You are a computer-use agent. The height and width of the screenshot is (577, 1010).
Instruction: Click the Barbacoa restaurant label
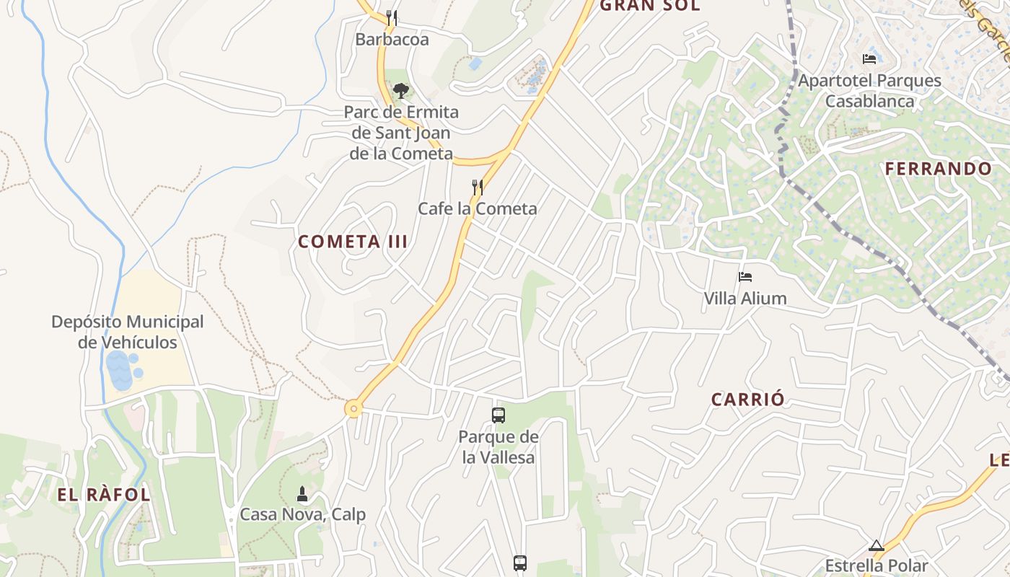coord(392,40)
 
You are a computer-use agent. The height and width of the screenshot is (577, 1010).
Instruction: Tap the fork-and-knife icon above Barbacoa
coord(392,17)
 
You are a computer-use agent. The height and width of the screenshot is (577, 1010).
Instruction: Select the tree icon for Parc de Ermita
coord(400,91)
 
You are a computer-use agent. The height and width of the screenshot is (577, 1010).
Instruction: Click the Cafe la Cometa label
coord(478,208)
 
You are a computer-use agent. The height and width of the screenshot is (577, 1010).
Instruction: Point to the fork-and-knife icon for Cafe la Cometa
coord(477,188)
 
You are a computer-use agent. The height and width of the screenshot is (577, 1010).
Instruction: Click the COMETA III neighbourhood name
coord(353,242)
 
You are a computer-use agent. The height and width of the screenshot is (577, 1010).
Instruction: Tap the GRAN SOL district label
coord(650,6)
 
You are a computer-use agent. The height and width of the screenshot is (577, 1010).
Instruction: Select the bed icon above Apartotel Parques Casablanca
coord(869,58)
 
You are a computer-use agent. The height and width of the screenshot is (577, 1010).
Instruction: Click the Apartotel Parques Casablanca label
coord(869,90)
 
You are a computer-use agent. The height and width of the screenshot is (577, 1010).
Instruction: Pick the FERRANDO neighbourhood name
coord(939,169)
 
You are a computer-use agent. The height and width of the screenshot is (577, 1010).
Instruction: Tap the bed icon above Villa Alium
coord(745,277)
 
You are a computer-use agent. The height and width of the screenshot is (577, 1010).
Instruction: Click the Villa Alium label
coord(745,298)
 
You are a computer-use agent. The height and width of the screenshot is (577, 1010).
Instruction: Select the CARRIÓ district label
coord(748,400)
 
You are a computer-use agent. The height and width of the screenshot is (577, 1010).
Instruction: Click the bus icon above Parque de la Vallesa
coord(499,415)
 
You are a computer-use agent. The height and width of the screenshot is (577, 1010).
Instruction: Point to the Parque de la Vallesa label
coord(499,446)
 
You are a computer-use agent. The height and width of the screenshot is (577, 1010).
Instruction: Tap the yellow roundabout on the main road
coord(353,409)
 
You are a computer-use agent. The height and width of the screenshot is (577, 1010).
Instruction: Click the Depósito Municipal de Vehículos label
coord(128,332)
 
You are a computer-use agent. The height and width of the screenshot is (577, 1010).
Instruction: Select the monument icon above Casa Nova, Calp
coord(302,494)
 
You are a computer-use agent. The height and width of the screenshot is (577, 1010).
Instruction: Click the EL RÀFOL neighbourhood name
coord(104,495)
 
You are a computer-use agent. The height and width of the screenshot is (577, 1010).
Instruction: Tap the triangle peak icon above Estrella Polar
coord(877,545)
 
